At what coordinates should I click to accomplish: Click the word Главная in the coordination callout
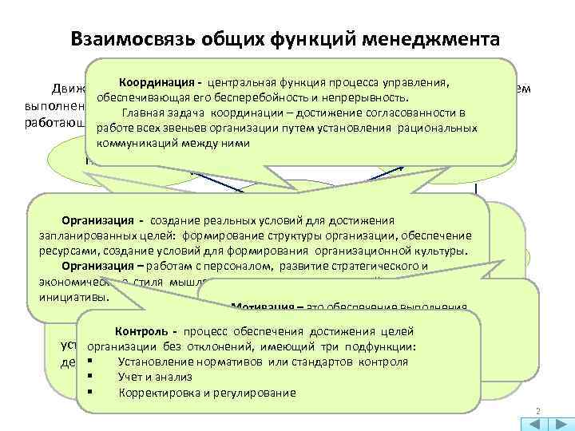pos(142,113)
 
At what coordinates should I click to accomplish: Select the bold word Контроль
pos(141,331)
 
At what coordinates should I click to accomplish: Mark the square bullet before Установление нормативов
pos(93,362)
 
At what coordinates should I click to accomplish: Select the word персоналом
pos(225,266)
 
